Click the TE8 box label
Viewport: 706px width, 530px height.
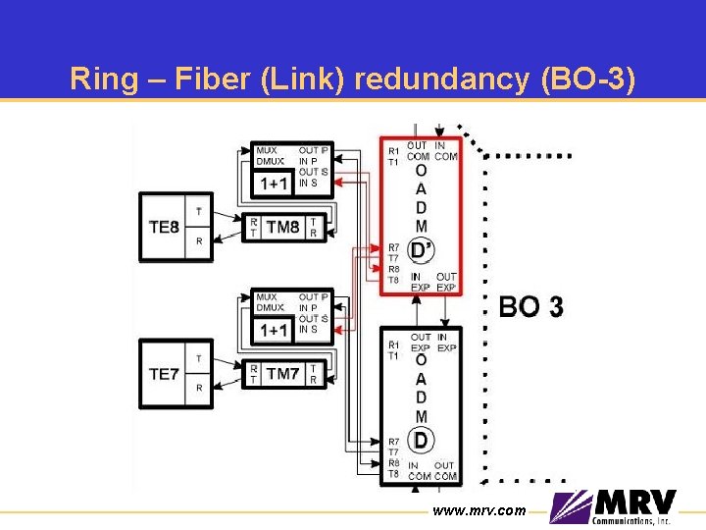click(163, 227)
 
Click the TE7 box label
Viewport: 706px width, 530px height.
click(163, 373)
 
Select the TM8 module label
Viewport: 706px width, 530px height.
click(282, 227)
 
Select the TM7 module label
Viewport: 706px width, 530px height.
click(282, 373)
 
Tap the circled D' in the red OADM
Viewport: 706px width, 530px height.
click(422, 250)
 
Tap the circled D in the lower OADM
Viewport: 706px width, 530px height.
click(421, 438)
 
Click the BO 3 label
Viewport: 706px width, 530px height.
click(530, 307)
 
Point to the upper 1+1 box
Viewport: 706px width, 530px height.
click(274, 184)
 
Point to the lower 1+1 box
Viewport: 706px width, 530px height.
click(274, 331)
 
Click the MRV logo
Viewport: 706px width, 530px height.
click(613, 505)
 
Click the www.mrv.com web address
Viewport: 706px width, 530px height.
click(479, 510)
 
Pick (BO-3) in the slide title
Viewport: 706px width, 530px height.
click(588, 79)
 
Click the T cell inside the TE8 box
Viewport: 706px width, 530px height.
click(199, 211)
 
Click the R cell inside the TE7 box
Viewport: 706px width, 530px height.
click(199, 388)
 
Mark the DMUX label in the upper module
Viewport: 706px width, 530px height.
click(270, 161)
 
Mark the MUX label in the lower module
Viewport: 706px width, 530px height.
click(266, 296)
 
